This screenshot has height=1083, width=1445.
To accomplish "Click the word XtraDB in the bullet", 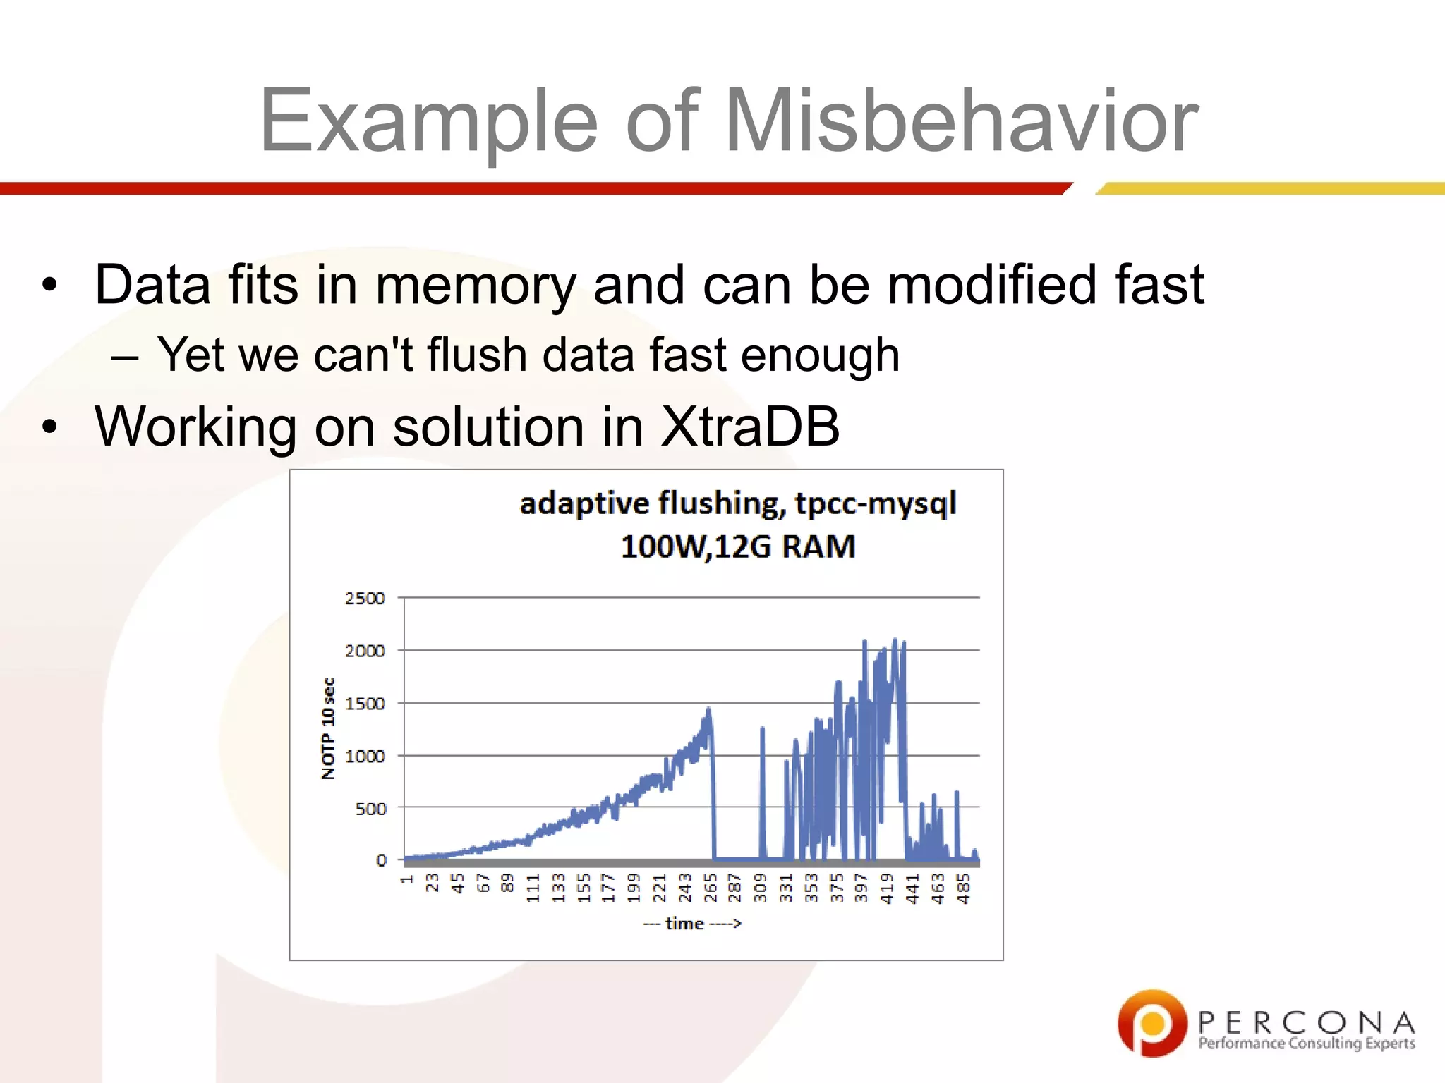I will [x=749, y=427].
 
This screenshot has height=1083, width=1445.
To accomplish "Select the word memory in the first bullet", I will [x=476, y=286].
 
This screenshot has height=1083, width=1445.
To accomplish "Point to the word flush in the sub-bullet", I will [x=477, y=354].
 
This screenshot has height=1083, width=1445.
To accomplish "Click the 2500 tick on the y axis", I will [x=365, y=598].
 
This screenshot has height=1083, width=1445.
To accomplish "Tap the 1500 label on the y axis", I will [x=365, y=703].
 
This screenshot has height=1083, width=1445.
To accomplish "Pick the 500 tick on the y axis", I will [x=370, y=808].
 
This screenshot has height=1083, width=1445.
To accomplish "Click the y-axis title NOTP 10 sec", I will [x=328, y=728].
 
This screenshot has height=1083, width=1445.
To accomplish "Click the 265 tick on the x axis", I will [x=711, y=888].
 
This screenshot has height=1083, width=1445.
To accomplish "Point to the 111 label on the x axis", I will [x=533, y=888].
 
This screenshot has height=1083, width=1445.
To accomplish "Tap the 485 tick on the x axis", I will [x=963, y=888].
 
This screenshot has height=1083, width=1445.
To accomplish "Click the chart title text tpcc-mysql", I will [x=875, y=503].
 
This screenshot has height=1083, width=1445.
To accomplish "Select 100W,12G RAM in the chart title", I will [x=737, y=546].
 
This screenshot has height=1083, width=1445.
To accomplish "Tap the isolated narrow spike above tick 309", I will [x=762, y=730].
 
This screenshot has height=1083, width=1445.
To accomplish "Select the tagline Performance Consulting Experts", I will [x=1307, y=1043].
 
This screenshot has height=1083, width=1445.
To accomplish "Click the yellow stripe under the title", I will [x=1270, y=188].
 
